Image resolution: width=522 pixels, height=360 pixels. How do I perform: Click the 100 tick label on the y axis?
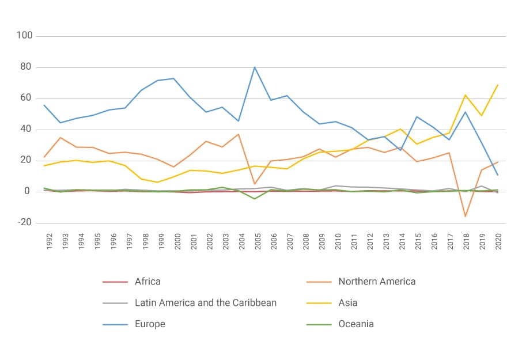click(25, 36)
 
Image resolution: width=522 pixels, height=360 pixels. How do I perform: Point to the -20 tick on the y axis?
click(25, 223)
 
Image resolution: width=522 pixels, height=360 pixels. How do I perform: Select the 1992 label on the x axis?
click(50, 241)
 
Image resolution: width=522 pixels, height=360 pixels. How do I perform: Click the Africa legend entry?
click(147, 282)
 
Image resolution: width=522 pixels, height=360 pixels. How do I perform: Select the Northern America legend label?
click(377, 282)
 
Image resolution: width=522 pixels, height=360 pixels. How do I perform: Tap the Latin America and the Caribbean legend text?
click(206, 302)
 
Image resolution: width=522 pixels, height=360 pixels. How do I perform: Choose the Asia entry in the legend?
click(348, 302)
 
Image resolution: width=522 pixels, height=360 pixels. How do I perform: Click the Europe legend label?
click(150, 324)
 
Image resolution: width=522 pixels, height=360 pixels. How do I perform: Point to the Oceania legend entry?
click(356, 324)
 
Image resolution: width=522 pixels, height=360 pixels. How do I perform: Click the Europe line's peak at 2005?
click(255, 67)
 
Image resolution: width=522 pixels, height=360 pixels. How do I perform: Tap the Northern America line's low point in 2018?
click(465, 217)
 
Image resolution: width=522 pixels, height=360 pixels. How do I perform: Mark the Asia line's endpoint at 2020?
click(498, 85)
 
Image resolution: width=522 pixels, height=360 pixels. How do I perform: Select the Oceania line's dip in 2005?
click(255, 199)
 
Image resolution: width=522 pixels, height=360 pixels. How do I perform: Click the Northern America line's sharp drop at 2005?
click(255, 184)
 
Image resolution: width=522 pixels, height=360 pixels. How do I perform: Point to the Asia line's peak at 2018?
click(465, 95)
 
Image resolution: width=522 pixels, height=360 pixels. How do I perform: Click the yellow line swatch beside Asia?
click(319, 302)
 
